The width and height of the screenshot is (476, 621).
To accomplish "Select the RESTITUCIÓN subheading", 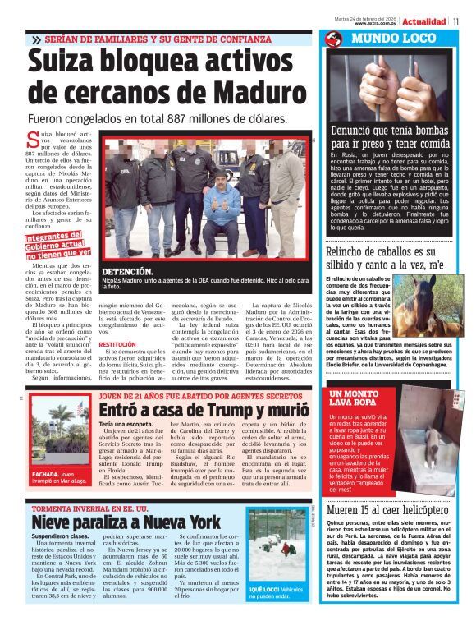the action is pos(117,344).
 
